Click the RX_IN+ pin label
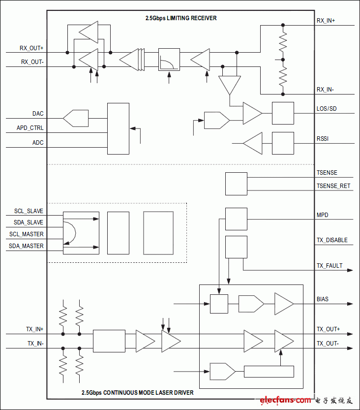point(326,21)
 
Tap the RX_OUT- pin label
point(32,62)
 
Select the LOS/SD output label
point(327,108)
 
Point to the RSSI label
point(323,139)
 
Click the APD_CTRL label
point(30,128)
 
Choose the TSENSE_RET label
point(333,186)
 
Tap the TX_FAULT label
point(329,266)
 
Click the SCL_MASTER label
point(26,234)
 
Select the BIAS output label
point(323,299)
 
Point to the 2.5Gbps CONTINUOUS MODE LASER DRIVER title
point(138,393)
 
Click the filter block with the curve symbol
point(169,60)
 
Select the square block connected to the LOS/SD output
point(283,113)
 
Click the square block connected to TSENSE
point(236,184)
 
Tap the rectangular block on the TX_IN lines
point(109,341)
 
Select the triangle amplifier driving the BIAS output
point(283,304)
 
